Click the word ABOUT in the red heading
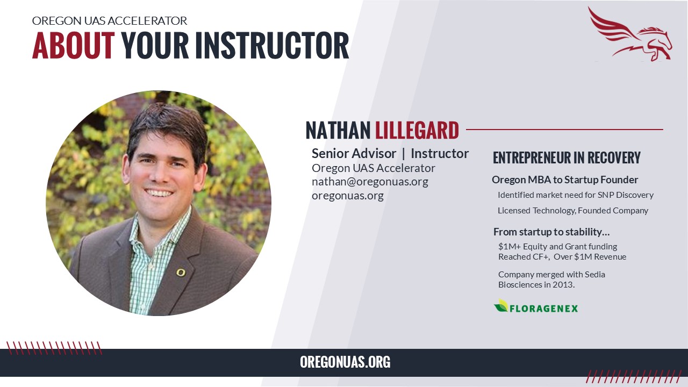click(74, 45)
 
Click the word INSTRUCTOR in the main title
click(272, 45)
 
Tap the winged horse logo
click(629, 34)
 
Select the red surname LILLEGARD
click(417, 130)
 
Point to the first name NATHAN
click(338, 130)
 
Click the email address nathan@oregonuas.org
click(370, 182)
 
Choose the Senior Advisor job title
click(354, 153)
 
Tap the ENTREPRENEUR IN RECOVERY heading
click(567, 157)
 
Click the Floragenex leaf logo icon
click(501, 306)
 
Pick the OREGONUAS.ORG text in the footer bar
click(345, 362)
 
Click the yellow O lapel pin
click(181, 272)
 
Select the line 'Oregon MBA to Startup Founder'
click(565, 180)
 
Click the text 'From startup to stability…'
click(551, 232)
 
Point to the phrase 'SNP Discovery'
click(625, 195)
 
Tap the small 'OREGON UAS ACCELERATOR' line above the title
click(109, 20)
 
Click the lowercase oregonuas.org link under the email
click(348, 196)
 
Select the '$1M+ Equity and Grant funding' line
click(557, 247)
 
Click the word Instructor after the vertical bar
click(440, 153)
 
